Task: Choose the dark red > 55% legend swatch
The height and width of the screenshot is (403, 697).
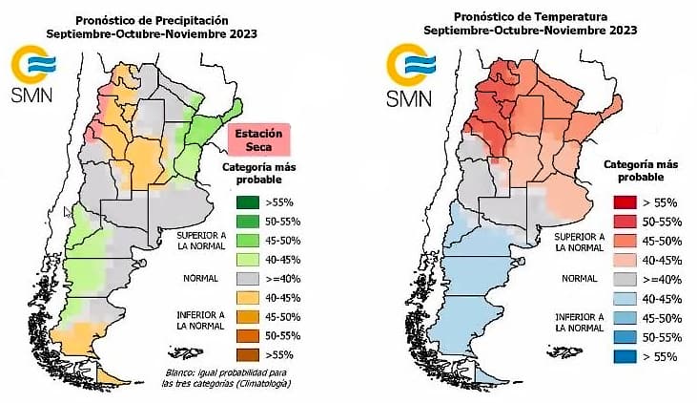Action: click(x=625, y=203)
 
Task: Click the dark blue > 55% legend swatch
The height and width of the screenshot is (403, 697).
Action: click(x=625, y=355)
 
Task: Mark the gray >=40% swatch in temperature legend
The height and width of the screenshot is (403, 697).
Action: click(x=625, y=279)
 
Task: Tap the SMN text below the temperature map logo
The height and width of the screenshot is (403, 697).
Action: click(x=408, y=99)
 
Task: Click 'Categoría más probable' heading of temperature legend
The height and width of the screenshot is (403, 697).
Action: click(x=628, y=171)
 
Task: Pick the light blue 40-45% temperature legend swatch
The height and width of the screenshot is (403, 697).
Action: click(x=625, y=298)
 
